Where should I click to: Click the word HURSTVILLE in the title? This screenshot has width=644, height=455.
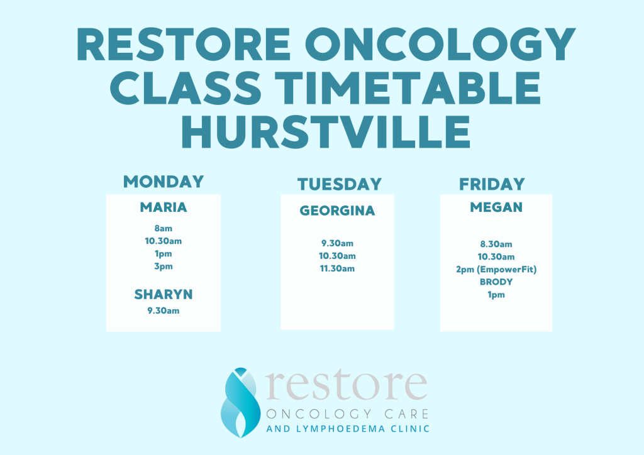point(326,131)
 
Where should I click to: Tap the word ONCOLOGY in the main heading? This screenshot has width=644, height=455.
point(440,44)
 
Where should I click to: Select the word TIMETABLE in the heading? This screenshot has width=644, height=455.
point(407,87)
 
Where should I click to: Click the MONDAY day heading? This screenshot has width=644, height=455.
point(164,182)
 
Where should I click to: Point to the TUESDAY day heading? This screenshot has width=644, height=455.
point(340,184)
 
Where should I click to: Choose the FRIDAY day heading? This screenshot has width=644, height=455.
point(492,184)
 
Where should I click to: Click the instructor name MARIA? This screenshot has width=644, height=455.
point(164,207)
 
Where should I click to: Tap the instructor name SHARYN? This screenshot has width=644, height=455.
point(164,294)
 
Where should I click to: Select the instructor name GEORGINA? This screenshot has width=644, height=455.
point(337,211)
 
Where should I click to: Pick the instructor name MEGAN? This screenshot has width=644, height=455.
point(496,207)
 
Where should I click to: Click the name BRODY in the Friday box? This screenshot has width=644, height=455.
point(496,282)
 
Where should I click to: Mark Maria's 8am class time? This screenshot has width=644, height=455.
point(164,229)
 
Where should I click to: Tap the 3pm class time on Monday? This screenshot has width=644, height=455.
point(164,266)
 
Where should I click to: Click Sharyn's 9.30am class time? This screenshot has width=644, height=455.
point(164,310)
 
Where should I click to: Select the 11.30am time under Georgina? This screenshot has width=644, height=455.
point(337,269)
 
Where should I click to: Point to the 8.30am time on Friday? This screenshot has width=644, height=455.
point(496,244)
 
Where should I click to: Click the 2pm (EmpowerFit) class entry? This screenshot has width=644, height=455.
point(496,270)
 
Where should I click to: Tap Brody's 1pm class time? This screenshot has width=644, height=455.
point(496,295)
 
